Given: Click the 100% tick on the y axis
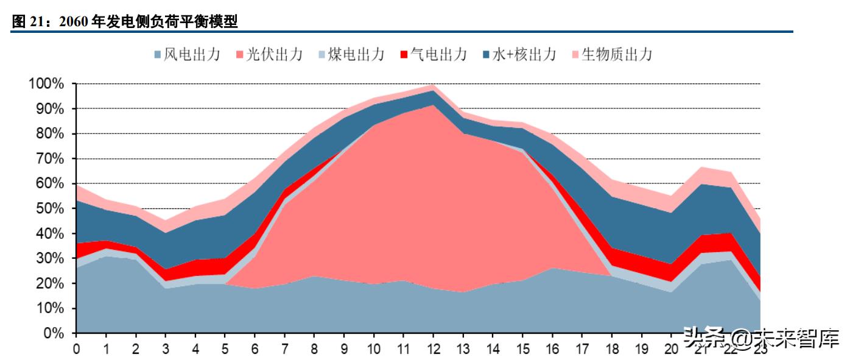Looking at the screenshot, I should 46,83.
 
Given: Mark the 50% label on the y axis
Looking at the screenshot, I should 49,208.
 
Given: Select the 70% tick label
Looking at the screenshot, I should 49,158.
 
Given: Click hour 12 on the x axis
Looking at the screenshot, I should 433,349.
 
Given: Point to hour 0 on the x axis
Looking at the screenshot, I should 76,349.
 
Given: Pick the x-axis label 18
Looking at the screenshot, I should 612,349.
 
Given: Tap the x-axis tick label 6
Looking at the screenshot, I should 255,349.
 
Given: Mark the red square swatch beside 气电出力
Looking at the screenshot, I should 403,55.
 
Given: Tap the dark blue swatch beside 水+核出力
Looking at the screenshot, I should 485,55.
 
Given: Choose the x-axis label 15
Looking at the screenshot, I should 522,349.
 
